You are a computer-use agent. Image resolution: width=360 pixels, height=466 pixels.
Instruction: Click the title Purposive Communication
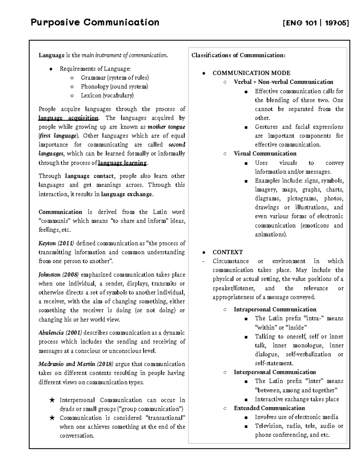click(95, 23)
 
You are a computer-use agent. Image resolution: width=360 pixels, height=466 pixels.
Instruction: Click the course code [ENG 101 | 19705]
click(316, 23)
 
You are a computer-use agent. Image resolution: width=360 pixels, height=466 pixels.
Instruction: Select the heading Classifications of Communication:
click(238, 55)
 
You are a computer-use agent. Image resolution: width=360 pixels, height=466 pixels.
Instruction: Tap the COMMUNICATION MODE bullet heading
click(251, 73)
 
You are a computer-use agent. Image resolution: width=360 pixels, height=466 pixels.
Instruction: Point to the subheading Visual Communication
click(265, 154)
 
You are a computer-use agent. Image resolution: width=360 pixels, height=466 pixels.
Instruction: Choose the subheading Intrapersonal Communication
click(275, 309)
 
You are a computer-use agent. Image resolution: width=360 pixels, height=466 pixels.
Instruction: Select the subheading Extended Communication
click(269, 408)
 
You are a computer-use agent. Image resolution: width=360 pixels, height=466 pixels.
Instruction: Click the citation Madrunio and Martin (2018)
click(76, 364)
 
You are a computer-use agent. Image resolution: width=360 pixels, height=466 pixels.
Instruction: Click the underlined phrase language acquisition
click(68, 118)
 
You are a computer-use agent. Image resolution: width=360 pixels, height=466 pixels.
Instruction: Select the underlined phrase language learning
click(122, 163)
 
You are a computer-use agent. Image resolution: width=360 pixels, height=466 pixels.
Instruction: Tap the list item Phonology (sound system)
click(114, 87)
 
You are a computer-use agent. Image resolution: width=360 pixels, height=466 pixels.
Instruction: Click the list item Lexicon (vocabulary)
click(107, 96)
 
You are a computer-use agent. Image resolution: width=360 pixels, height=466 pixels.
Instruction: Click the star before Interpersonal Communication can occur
click(52, 400)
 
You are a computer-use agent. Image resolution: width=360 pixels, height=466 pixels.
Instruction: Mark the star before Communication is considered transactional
click(52, 418)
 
